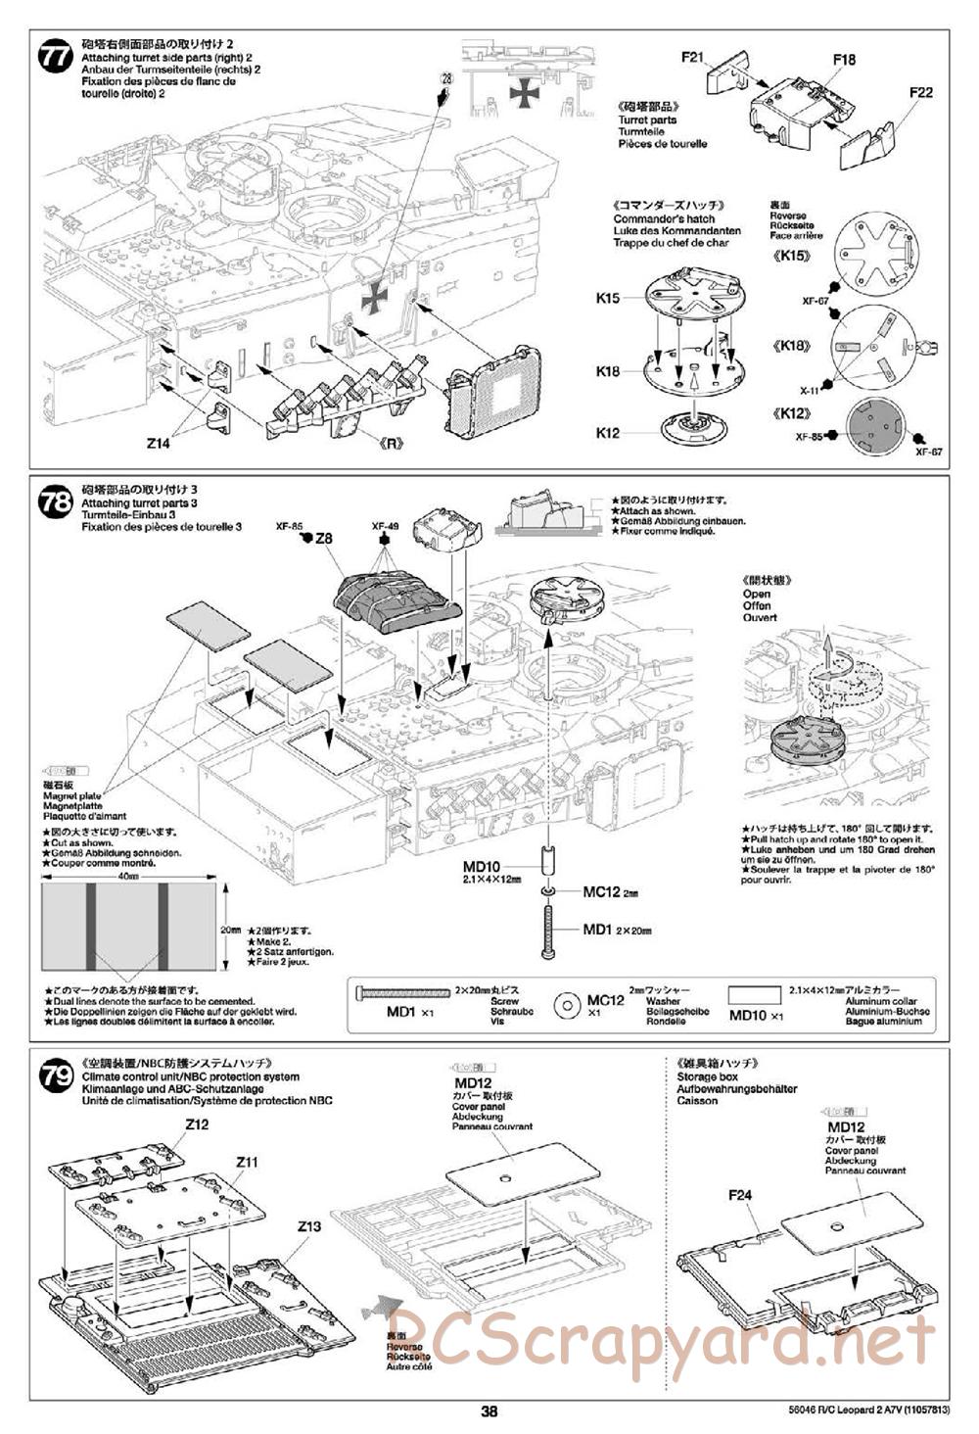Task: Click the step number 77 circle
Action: pos(55,56)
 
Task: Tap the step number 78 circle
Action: pos(55,503)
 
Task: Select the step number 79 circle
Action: pos(55,1077)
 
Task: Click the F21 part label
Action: pos(693,58)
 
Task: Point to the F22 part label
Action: pos(920,93)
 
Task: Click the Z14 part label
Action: pos(158,443)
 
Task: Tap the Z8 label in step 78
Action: pos(324,539)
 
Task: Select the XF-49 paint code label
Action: pos(386,527)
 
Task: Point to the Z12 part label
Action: pos(197,1124)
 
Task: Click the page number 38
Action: pos(489,1411)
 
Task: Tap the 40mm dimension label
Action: pos(128,877)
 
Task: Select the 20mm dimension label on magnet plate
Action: pos(230,929)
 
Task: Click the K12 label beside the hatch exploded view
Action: pos(607,433)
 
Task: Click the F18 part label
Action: pos(844,60)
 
